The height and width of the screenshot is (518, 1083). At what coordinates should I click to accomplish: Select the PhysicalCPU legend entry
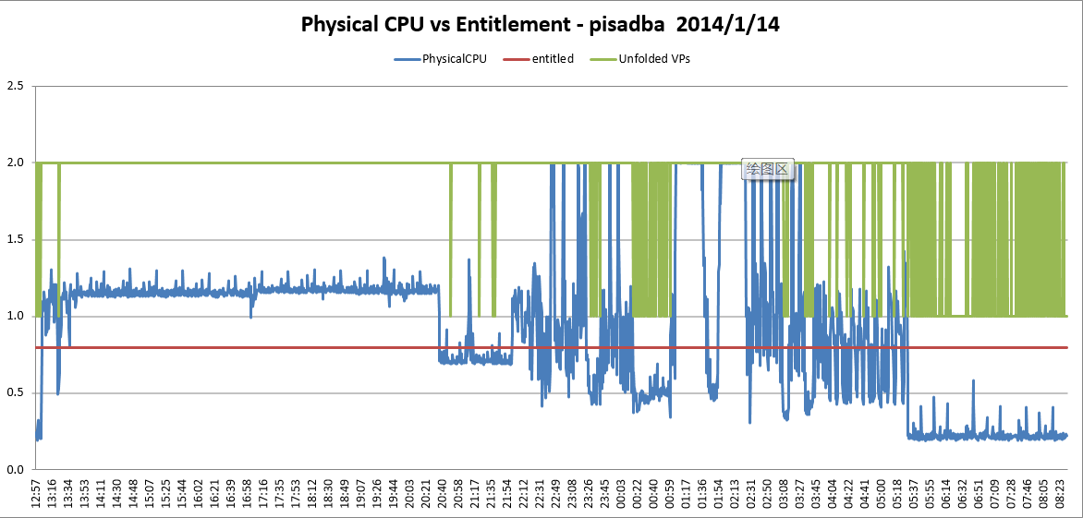454,59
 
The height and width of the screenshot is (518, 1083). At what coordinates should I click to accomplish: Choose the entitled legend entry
553,59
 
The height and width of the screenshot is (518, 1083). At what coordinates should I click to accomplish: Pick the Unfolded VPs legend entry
654,59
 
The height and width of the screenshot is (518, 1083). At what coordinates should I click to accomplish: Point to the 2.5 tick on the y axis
15,86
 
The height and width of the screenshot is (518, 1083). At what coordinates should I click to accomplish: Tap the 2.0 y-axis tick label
15,163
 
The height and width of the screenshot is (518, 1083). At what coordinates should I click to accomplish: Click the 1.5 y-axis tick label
15,239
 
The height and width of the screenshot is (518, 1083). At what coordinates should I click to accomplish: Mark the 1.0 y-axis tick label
15,316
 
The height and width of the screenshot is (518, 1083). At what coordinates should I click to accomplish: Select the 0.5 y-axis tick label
15,392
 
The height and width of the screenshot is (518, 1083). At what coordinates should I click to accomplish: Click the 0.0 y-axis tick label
15,469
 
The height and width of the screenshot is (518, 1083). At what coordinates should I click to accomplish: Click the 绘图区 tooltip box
767,168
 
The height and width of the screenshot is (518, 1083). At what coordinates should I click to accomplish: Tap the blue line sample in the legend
407,59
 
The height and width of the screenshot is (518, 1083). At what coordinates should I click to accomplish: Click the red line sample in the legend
516,59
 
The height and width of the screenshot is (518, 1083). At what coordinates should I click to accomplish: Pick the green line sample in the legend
603,59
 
